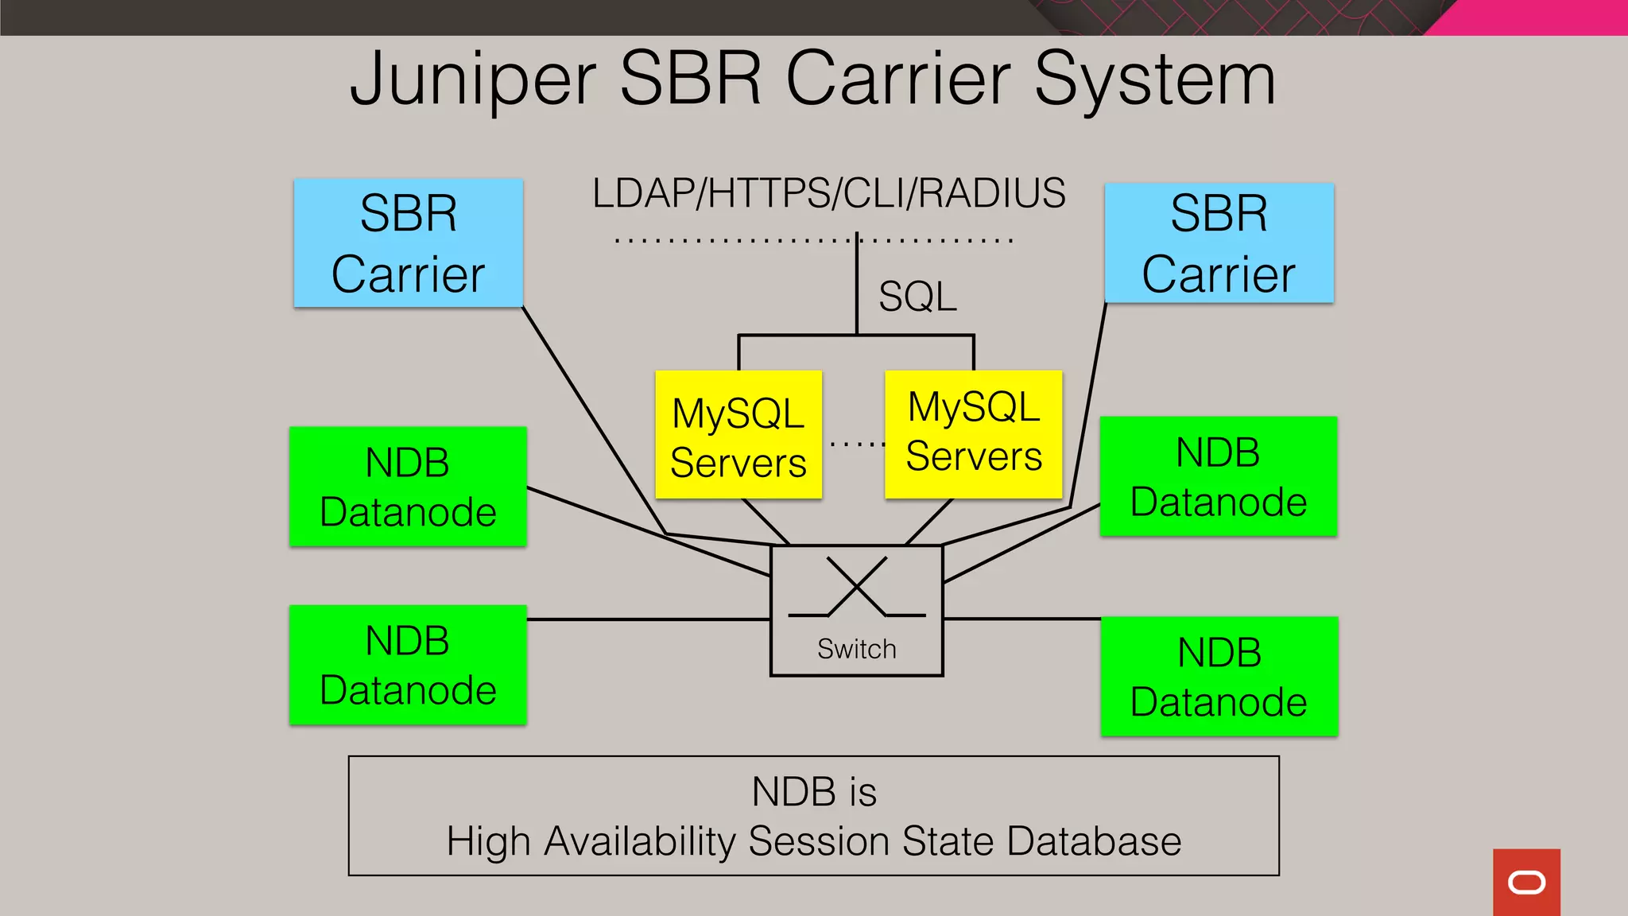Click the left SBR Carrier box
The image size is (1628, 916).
pos(408,243)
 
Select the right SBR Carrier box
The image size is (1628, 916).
pos(1219,243)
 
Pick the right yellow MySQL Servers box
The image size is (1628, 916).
pos(973,434)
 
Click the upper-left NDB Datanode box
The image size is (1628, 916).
pos(408,487)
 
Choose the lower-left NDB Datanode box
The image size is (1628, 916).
pos(408,665)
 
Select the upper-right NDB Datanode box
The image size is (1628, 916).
pos(1218,476)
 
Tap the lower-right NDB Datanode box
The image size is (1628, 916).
pos(1219,677)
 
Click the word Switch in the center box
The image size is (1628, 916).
pos(856,649)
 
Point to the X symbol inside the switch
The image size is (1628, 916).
pos(856,587)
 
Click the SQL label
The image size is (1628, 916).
pos(917,297)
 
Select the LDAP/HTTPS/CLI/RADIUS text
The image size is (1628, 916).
pos(828,193)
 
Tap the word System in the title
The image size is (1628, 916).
pos(1154,80)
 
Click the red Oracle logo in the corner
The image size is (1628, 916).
pos(1526,882)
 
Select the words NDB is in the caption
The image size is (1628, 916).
pos(814,792)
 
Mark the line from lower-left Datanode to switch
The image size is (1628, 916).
pos(648,619)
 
